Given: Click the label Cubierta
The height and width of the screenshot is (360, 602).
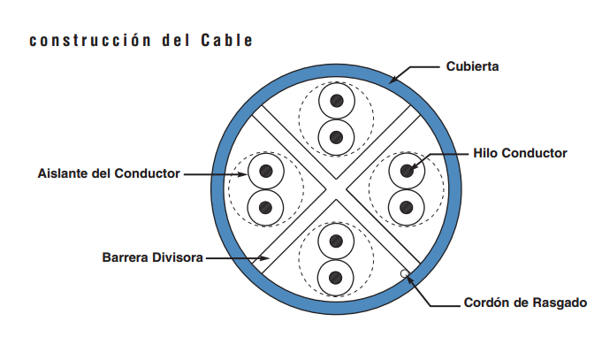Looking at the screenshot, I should [473, 66].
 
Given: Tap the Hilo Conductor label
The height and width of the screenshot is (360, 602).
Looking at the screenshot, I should [520, 153].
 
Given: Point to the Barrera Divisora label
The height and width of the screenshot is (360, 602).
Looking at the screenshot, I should [153, 258].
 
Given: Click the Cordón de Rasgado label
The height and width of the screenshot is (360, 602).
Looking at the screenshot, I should [525, 303].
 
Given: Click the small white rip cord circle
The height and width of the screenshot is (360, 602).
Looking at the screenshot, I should [406, 273].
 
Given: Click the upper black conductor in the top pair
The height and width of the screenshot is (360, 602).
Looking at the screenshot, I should [336, 102].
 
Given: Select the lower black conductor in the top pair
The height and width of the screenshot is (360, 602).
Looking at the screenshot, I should [336, 137].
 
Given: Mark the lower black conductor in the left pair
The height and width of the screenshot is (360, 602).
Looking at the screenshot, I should [264, 208].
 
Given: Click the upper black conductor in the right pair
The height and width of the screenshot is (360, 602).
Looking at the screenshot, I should [407, 170].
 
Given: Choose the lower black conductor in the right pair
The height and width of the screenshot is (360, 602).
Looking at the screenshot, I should [407, 208].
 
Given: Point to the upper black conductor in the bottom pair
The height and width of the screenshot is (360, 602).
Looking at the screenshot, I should [336, 240].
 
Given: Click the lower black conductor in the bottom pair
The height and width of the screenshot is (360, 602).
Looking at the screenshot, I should [336, 277].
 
